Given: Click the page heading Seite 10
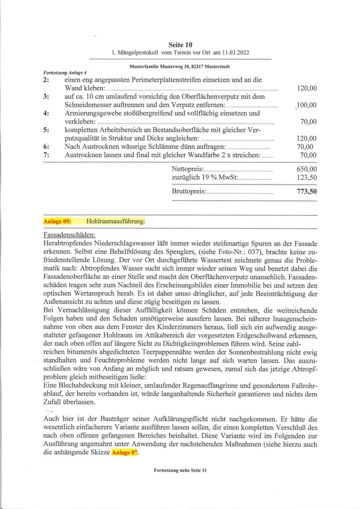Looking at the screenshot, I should (x=180, y=45).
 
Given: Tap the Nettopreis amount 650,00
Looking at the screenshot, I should (x=307, y=169).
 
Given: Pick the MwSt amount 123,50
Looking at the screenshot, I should (x=307, y=178).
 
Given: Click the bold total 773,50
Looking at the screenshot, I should (x=307, y=191).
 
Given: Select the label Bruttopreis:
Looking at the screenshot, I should (x=189, y=191).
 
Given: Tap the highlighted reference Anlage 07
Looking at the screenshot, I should (x=125, y=453).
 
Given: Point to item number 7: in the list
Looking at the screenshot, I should (x=46, y=155).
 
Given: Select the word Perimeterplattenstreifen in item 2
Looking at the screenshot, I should (x=162, y=80).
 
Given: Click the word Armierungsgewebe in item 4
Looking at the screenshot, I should (x=92, y=114).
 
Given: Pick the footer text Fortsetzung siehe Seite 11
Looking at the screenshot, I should (x=180, y=483).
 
